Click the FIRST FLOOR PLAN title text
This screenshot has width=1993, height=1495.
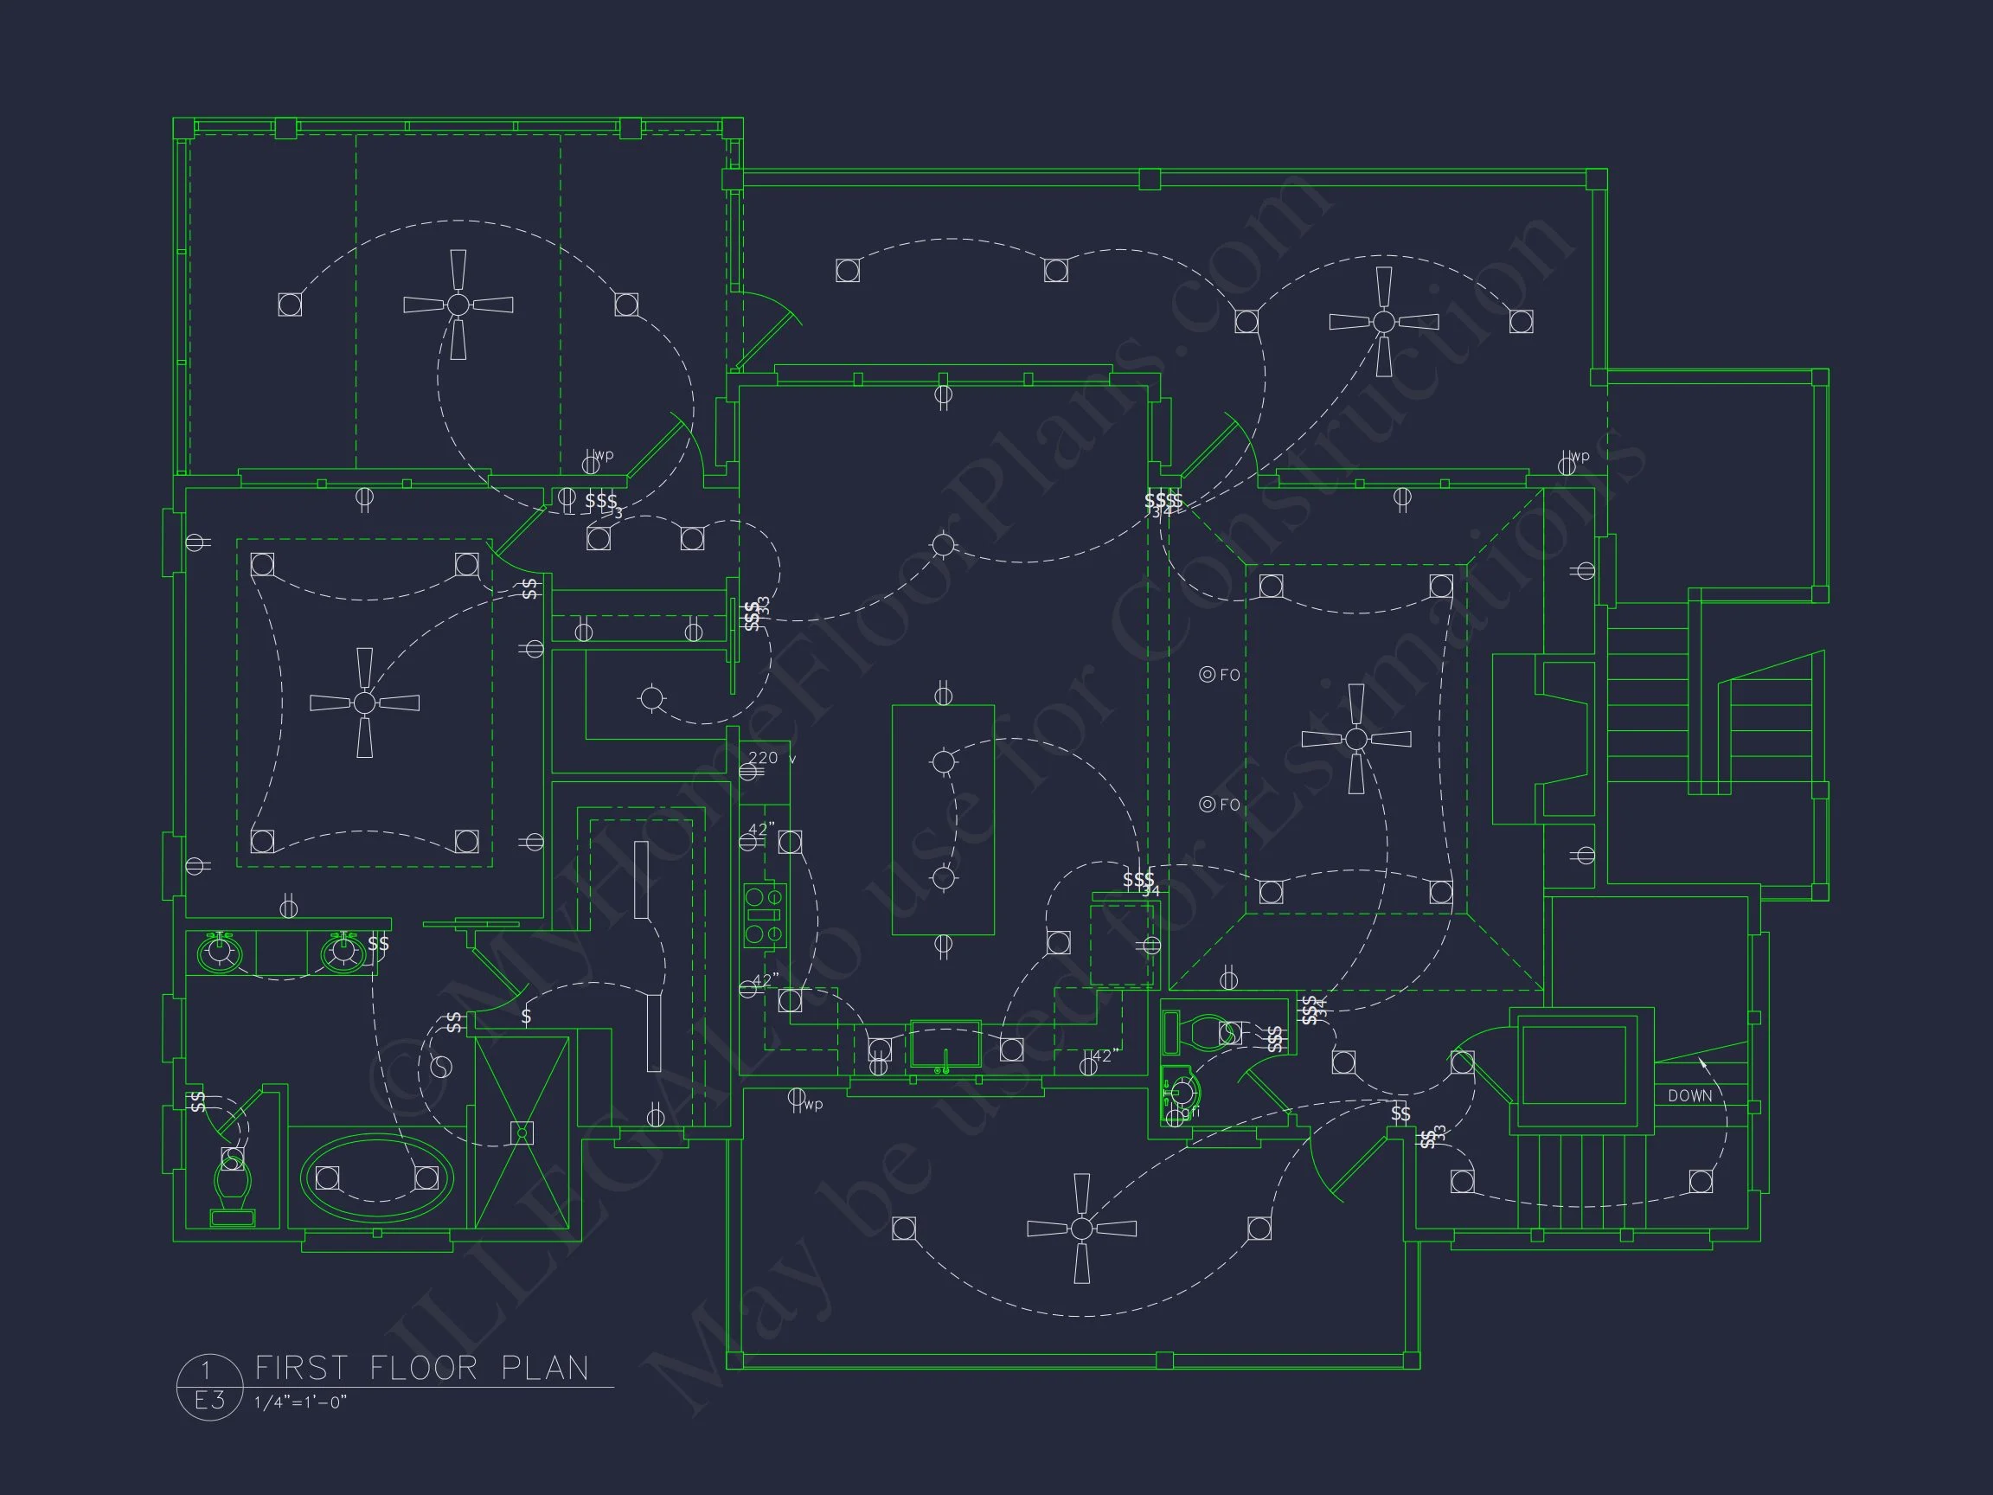pos(421,1368)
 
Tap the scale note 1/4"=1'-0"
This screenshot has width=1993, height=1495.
pos(300,1402)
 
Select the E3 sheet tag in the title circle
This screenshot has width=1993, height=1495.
pos(209,1401)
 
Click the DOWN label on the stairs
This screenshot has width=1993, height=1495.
pos(1689,1096)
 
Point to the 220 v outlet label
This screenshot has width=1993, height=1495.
pos(763,758)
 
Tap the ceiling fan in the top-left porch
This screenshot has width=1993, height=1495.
pos(458,305)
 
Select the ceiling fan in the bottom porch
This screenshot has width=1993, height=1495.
pos(1081,1229)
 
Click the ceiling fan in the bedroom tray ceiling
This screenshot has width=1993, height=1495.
pos(364,702)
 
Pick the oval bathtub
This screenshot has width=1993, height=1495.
pos(376,1177)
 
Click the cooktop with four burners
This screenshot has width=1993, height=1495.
pos(764,915)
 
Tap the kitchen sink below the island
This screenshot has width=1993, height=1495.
pos(945,1045)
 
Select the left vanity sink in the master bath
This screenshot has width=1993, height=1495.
pos(219,953)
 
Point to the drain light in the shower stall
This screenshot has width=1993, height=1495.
pos(522,1132)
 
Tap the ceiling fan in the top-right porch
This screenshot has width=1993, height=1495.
pos(1384,321)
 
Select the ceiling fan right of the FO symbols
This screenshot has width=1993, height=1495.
pos(1356,739)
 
